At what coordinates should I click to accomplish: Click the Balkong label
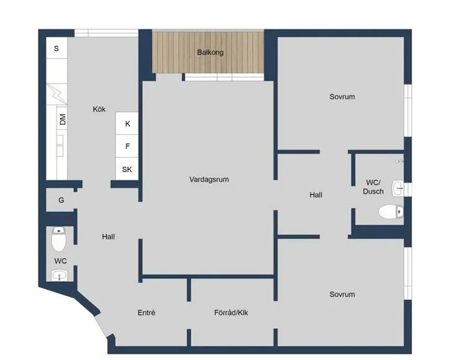coord(210,53)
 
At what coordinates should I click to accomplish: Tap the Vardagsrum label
coord(210,179)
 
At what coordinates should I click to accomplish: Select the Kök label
coord(99,109)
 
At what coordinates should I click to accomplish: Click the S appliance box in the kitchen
coord(56,48)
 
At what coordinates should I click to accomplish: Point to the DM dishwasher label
coord(63,120)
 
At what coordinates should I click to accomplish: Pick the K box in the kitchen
coord(128,124)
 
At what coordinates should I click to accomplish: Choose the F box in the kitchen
coord(128,146)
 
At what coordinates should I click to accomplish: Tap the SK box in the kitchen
coord(127,169)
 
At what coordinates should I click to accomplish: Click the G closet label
coord(61,200)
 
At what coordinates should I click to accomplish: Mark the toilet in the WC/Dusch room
coord(391,212)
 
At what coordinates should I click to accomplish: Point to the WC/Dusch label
coord(373,187)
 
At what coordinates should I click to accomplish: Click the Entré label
coord(146,313)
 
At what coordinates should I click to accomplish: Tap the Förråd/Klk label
coord(231,313)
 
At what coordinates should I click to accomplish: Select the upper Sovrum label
coord(342,97)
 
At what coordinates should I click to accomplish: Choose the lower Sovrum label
coord(342,294)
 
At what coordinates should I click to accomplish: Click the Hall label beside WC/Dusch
coord(316,195)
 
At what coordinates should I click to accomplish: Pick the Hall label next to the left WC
coord(109,236)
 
